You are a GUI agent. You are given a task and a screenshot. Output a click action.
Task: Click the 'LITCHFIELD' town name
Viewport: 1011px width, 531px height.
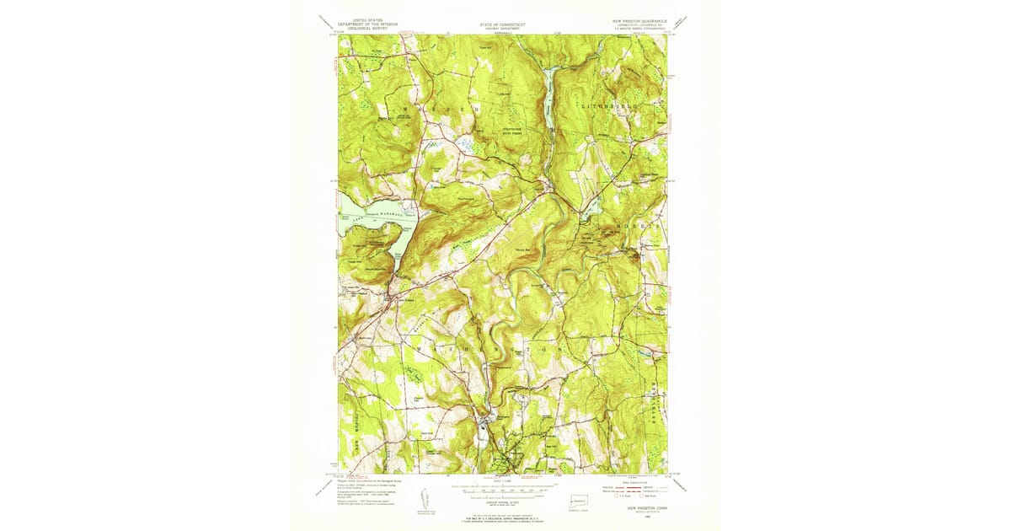605,108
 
